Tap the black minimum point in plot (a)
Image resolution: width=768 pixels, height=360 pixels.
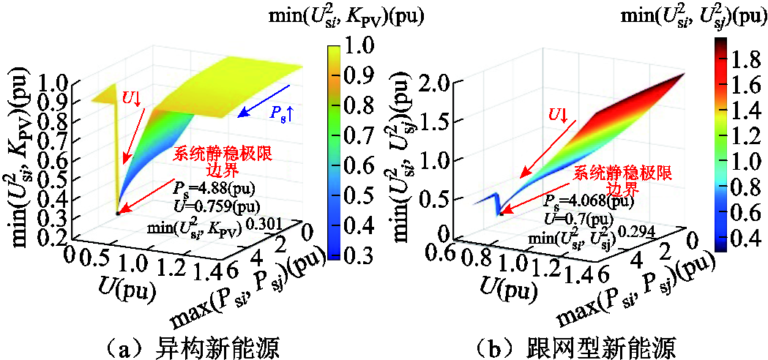tap(118, 213)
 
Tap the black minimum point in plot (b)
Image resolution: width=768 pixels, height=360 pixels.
tap(501, 214)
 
